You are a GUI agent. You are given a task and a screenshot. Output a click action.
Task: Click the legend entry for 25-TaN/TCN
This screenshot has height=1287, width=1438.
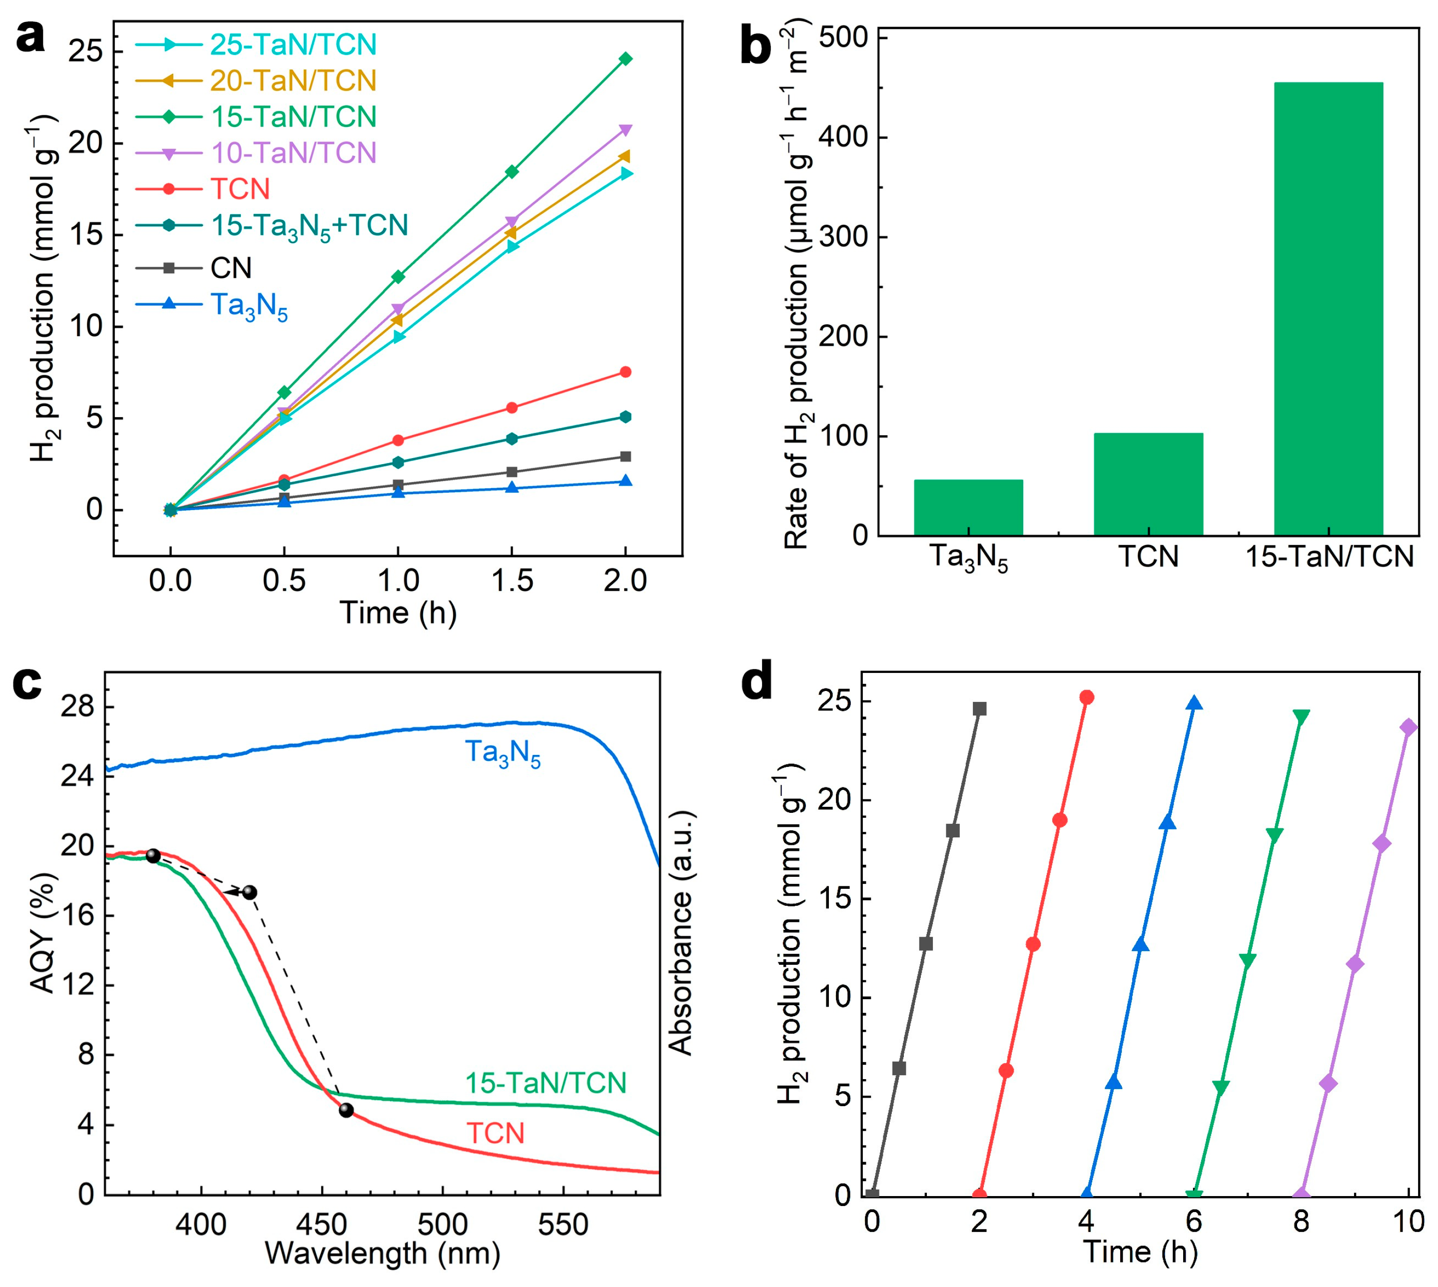pyautogui.click(x=293, y=44)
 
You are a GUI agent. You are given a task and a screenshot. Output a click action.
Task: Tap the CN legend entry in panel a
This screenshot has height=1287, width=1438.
pyautogui.click(x=230, y=268)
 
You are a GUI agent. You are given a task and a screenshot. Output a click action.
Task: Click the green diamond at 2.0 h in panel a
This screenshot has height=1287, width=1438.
pyautogui.click(x=625, y=58)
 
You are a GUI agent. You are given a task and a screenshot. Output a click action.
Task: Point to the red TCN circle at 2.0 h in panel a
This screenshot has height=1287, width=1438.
pyautogui.click(x=625, y=372)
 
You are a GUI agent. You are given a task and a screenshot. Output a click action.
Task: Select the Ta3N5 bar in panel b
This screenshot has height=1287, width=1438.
pyautogui.click(x=968, y=507)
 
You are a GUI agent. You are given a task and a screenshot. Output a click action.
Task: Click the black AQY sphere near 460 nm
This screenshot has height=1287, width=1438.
pyautogui.click(x=346, y=1110)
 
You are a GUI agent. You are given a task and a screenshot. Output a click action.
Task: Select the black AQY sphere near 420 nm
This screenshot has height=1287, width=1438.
pyautogui.click(x=250, y=892)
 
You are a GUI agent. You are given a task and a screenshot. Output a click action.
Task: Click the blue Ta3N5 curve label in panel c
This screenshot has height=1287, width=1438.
pyautogui.click(x=502, y=753)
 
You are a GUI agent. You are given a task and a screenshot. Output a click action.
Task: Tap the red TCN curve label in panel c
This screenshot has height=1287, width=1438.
pyautogui.click(x=495, y=1134)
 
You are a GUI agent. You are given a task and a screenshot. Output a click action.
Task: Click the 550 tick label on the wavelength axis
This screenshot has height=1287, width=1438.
pyautogui.click(x=563, y=1225)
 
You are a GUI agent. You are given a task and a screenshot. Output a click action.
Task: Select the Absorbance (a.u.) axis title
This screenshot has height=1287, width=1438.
pyautogui.click(x=681, y=933)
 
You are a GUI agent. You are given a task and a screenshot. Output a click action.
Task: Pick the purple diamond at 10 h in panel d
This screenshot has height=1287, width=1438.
pyautogui.click(x=1409, y=727)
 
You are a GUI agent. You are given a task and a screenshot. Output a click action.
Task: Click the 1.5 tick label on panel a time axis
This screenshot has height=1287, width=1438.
pyautogui.click(x=512, y=581)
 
